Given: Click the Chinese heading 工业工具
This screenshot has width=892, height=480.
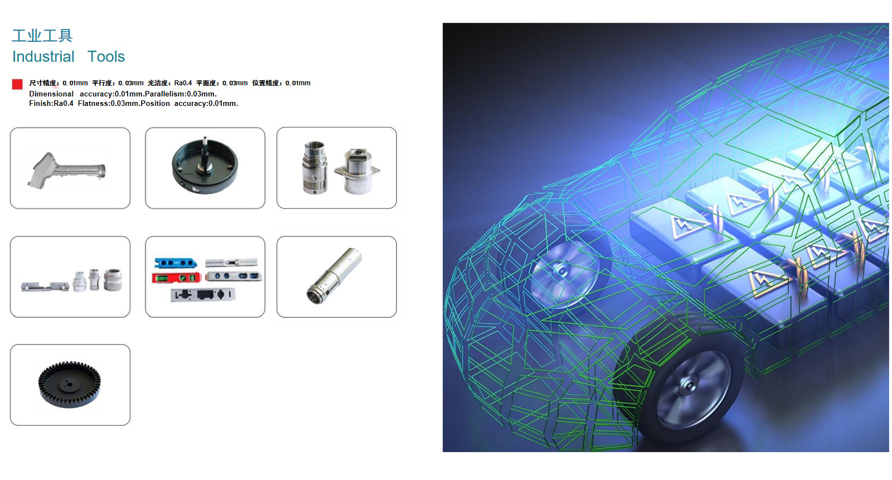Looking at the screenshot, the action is (x=42, y=36).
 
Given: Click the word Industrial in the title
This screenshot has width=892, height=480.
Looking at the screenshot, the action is (x=43, y=56).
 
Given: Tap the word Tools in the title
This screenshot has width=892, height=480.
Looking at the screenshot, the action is (x=106, y=56).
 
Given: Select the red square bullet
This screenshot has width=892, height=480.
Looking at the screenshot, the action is (x=17, y=84).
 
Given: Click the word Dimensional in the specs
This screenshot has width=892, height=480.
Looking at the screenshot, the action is (x=51, y=94).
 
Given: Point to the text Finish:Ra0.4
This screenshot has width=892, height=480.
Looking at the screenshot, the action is (x=51, y=104).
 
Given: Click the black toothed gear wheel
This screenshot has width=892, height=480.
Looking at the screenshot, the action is (x=69, y=385).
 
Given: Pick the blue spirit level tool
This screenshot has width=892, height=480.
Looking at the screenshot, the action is (x=175, y=263).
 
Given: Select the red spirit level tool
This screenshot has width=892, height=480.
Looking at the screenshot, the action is (x=176, y=278).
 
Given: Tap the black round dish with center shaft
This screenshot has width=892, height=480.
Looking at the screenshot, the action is (x=205, y=166).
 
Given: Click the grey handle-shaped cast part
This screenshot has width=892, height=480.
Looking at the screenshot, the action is (x=66, y=170).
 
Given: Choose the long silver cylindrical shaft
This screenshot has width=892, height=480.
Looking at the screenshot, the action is (x=334, y=275).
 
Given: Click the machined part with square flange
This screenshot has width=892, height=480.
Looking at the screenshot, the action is (x=357, y=171).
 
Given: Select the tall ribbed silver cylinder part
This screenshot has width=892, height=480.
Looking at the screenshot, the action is (x=314, y=168).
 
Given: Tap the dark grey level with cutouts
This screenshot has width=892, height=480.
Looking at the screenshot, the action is (x=203, y=295).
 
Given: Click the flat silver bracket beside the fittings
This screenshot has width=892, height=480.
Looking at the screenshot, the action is (x=45, y=287).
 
